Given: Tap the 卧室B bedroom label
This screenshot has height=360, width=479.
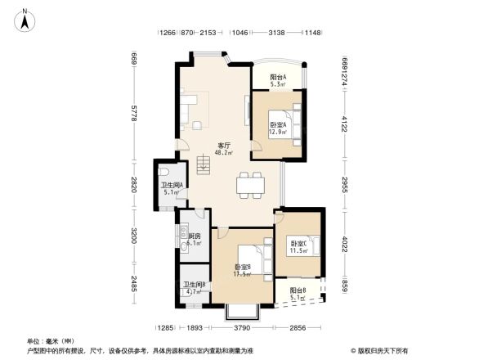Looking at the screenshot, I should pyautogui.click(x=243, y=270).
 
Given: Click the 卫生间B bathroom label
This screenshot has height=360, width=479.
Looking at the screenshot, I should pyautogui.click(x=194, y=287).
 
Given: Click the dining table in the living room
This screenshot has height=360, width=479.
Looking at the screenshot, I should pyautogui.click(x=250, y=186).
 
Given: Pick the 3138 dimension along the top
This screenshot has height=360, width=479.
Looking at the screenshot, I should pyautogui.click(x=275, y=33).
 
